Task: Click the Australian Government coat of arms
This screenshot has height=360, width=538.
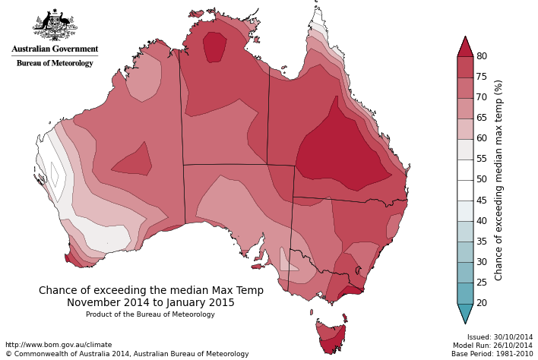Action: (x=55, y=26)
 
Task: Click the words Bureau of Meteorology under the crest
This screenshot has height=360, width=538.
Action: (x=55, y=63)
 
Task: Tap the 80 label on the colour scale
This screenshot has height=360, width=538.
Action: (x=482, y=56)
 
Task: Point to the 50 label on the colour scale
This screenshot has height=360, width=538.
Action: (x=482, y=179)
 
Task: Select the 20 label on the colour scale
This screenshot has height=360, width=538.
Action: (x=482, y=303)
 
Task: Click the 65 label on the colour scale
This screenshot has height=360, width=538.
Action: (x=482, y=118)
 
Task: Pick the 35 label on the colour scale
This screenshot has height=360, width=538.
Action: (x=482, y=242)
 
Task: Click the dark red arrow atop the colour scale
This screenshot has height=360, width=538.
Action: (x=465, y=46)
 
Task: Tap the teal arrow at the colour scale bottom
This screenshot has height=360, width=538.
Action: (x=465, y=313)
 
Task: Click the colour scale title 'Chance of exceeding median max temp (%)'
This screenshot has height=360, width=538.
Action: (x=499, y=180)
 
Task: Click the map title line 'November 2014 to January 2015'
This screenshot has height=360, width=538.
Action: (x=150, y=303)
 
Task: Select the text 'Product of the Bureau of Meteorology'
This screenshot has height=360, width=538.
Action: (x=150, y=314)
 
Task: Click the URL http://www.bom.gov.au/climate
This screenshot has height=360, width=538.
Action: (x=59, y=345)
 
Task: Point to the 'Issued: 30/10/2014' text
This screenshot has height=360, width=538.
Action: (x=500, y=336)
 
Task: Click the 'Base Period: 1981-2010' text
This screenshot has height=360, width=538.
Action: (x=492, y=354)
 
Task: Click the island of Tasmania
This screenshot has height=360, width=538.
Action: (x=331, y=336)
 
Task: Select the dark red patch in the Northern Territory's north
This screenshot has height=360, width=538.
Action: (x=215, y=46)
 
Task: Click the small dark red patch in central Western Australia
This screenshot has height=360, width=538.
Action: (x=134, y=160)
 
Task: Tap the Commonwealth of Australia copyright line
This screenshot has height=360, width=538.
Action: (x=127, y=354)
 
